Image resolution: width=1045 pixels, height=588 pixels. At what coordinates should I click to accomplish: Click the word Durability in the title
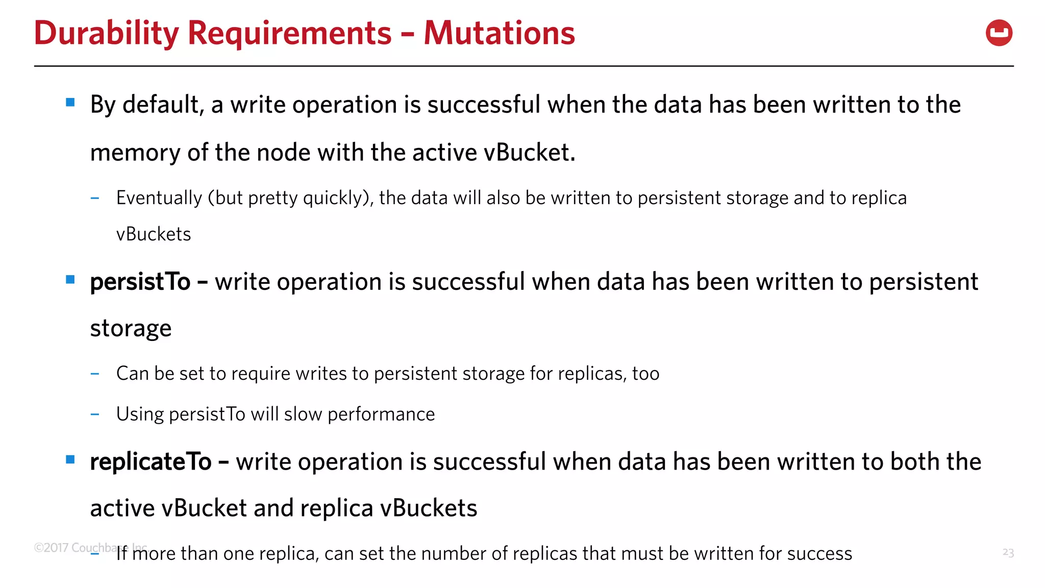pos(106,33)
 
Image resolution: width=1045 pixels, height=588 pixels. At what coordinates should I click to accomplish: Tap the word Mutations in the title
pos(499,33)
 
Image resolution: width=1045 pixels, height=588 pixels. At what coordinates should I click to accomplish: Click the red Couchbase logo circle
pos(999,33)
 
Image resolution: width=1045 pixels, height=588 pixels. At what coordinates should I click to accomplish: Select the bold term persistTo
pos(140,282)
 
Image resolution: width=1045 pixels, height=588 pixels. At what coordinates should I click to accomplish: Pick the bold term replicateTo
pos(151,462)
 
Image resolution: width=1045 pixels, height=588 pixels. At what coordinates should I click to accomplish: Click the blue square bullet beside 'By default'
pos(70,103)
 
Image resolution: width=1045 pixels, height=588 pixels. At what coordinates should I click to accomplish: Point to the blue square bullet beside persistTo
pos(70,280)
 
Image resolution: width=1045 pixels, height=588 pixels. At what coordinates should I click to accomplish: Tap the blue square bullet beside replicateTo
pos(70,460)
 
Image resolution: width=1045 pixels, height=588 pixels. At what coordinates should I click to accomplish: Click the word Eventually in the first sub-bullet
pos(159,198)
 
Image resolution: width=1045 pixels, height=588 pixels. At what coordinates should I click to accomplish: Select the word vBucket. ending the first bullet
pos(529,153)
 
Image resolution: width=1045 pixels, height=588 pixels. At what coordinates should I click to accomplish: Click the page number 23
pos(1008,552)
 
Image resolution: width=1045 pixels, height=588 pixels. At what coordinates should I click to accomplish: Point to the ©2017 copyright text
pos(51,548)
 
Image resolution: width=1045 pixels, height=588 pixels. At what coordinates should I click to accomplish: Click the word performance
pos(381,414)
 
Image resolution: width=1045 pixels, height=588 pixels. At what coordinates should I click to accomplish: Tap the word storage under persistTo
pos(131,329)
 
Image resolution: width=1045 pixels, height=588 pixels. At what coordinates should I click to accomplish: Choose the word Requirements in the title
pos(289,33)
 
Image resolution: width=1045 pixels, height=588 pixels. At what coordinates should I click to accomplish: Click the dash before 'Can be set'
pos(94,374)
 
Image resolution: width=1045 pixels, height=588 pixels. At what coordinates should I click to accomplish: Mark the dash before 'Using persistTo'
pos(94,414)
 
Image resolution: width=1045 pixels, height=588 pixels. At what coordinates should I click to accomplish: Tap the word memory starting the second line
pos(135,153)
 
